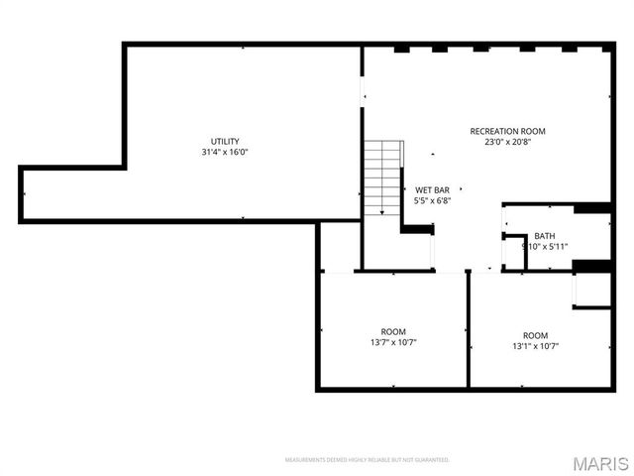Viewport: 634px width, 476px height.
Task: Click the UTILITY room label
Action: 225,141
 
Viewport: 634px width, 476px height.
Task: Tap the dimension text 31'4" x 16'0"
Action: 225,152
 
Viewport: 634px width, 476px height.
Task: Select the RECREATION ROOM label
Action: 507,131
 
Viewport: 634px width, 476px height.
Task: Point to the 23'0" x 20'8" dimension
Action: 507,142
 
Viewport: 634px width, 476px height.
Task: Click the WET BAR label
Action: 433,189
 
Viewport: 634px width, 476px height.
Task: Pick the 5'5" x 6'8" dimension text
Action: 433,200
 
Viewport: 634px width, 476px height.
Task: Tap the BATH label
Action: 545,236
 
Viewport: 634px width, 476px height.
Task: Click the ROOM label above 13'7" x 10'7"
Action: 393,331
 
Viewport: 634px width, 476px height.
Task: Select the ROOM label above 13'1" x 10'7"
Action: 536,335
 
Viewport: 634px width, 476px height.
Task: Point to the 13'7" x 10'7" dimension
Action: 393,342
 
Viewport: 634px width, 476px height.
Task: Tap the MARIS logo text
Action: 599,462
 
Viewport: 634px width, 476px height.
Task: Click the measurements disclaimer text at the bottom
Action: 367,460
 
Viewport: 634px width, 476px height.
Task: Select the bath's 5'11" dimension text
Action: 556,247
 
